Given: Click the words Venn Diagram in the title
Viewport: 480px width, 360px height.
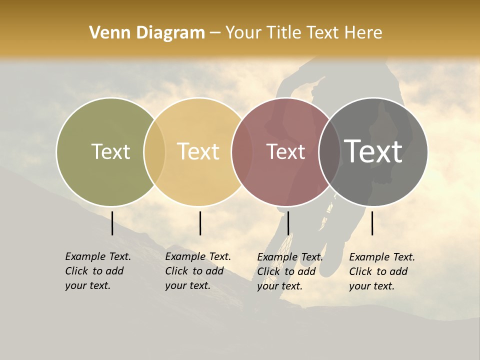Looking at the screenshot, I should coord(147,33).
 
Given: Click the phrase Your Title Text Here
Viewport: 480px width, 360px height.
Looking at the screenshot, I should coord(303,33).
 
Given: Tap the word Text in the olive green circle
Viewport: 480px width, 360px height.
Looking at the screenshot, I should coord(110,151).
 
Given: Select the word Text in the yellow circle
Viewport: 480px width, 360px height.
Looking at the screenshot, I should coord(198,151).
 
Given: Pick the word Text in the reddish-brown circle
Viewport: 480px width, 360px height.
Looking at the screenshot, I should coord(285,151).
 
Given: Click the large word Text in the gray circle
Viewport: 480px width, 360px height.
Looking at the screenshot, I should coord(373,151).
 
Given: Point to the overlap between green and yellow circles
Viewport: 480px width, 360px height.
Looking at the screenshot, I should coord(154,151).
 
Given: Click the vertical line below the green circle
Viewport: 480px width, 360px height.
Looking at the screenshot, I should coord(112,223).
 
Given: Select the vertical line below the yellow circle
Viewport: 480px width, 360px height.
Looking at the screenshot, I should coord(200,223).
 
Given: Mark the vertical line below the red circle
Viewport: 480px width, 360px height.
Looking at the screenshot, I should coord(288,223).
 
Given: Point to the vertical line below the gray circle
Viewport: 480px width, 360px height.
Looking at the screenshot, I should coord(372,223).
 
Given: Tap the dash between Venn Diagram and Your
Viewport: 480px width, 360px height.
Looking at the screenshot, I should coord(215,33).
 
